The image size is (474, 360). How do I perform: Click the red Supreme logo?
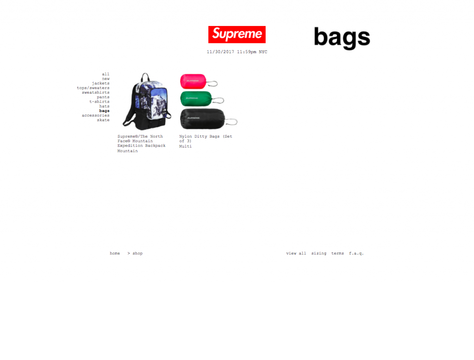click(x=237, y=34)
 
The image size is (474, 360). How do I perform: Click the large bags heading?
click(x=342, y=38)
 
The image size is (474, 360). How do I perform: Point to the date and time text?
click(x=237, y=52)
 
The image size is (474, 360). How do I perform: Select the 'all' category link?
click(x=106, y=74)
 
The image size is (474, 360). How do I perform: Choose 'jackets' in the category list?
click(x=100, y=83)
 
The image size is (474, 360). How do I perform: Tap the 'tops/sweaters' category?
click(x=93, y=88)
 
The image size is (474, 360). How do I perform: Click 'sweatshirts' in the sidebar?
click(x=95, y=93)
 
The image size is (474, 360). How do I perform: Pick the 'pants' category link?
click(x=103, y=97)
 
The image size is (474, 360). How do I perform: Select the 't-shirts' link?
click(x=100, y=101)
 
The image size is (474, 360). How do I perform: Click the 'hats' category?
click(x=104, y=106)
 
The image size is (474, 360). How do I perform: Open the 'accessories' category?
click(x=95, y=115)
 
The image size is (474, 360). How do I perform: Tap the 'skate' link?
click(x=103, y=120)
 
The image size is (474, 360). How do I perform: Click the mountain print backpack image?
click(x=147, y=101)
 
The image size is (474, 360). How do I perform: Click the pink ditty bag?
click(x=193, y=81)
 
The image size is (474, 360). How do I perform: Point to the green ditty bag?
click(x=196, y=99)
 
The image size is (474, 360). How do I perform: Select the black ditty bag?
click(x=203, y=119)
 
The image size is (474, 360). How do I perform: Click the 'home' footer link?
click(x=115, y=253)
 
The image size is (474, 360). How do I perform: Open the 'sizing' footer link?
click(x=319, y=253)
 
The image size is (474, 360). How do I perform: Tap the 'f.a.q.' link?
click(x=356, y=253)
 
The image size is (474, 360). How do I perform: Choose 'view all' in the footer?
click(x=296, y=253)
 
